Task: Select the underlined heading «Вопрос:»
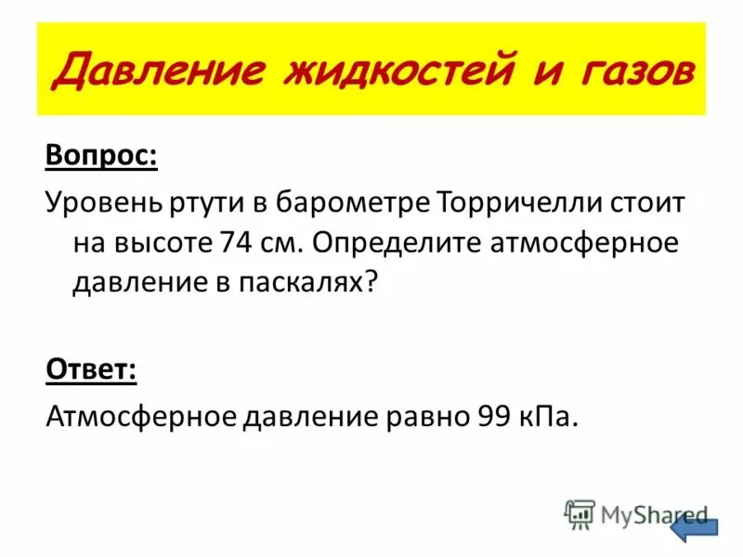pos(102,155)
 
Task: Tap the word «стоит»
pos(647,201)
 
